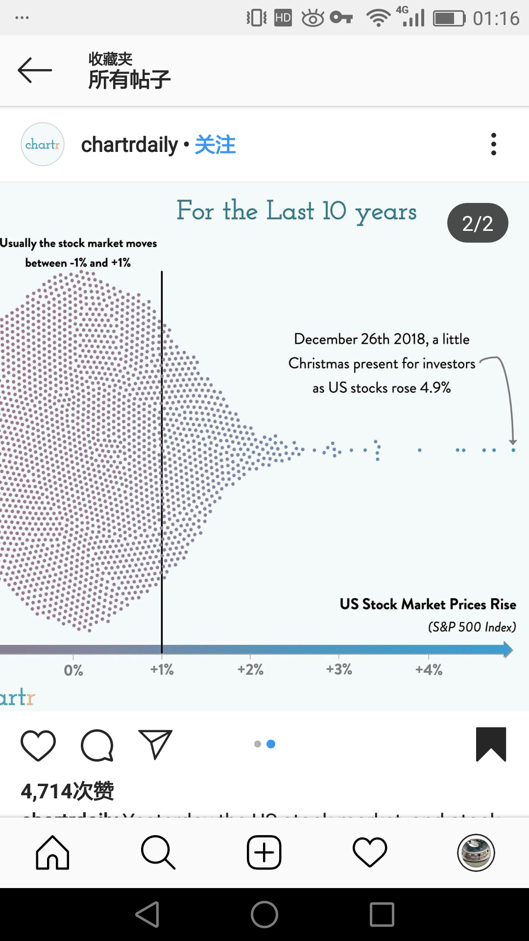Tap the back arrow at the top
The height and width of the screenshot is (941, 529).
pos(34,70)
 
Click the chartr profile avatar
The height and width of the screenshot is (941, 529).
pos(43,144)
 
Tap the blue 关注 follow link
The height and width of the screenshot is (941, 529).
pos(215,145)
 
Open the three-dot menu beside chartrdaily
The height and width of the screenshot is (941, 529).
pos(493,144)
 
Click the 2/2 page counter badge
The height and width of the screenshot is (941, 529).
pos(478,223)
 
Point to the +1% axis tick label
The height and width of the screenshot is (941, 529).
pos(162,669)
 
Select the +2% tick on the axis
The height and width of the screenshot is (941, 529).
pos(250,669)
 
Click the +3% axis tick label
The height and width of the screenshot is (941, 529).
pos(339,669)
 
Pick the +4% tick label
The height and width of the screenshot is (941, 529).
pos(429,669)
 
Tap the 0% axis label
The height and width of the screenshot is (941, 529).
pos(73,670)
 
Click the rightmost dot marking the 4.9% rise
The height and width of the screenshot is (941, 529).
pos(513,450)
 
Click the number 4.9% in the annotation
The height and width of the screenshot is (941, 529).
pos(435,388)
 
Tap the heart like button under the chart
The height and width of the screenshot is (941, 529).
pos(38,745)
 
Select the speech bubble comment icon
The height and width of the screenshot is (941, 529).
pos(97,745)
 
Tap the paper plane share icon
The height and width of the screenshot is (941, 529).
pos(155,744)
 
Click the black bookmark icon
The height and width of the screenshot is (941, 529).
pos(491,744)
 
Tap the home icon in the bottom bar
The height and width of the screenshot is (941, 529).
pos(52,853)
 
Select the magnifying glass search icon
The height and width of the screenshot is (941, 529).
pos(158,853)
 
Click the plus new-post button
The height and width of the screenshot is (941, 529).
pos(264,853)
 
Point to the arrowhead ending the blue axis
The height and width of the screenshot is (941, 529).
pos(508,650)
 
